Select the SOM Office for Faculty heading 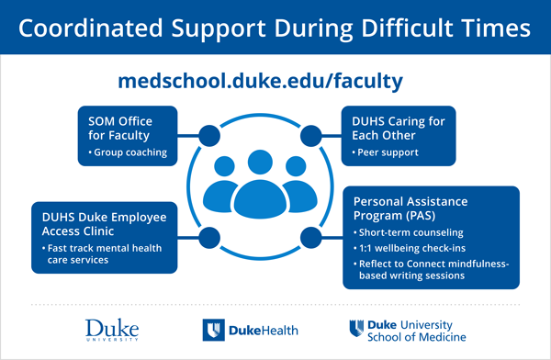pos(120,129)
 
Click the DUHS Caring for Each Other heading pos(399,129)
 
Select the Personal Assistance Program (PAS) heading pos(411,208)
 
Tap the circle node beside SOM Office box pos(210,137)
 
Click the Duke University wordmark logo pos(110,329)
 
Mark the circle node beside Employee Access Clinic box pos(210,238)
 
